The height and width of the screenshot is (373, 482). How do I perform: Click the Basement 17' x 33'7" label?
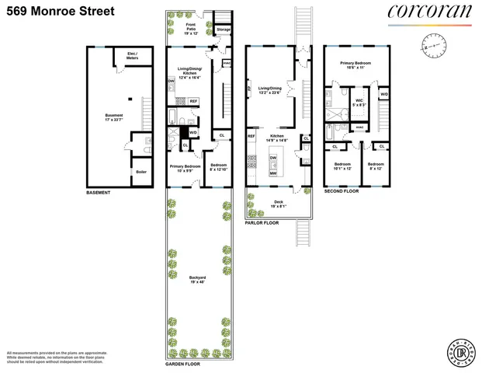click(x=113, y=117)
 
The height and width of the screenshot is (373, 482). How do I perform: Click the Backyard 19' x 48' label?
click(x=198, y=279)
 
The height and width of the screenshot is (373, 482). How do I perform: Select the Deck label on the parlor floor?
click(x=279, y=204)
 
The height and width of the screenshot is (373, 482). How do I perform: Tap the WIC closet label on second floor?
click(x=359, y=101)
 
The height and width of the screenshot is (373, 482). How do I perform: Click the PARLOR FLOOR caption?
click(x=262, y=222)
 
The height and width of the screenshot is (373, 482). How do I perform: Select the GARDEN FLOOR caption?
click(x=184, y=363)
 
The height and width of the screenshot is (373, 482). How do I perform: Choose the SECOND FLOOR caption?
click(x=342, y=191)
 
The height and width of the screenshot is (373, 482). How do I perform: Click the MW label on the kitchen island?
click(x=273, y=173)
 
